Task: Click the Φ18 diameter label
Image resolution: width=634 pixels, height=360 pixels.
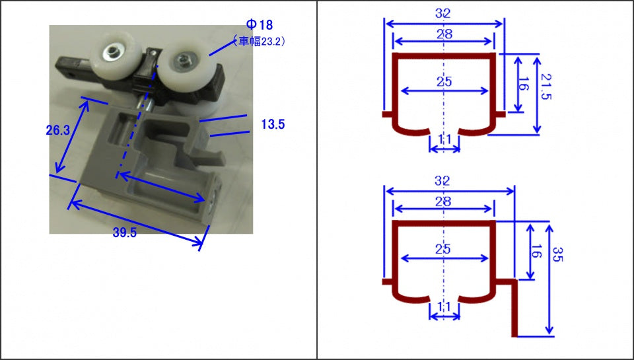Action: tap(259, 24)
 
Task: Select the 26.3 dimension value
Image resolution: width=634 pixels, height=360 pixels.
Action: tap(58, 130)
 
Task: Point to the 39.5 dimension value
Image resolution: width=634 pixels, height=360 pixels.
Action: tap(125, 233)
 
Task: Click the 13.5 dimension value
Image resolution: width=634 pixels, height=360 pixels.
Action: tap(273, 124)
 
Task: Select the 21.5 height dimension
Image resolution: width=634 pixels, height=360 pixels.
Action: tap(546, 86)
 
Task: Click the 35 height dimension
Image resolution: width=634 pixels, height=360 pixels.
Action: tap(557, 254)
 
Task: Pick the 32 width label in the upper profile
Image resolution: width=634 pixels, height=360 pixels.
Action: tap(442, 13)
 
